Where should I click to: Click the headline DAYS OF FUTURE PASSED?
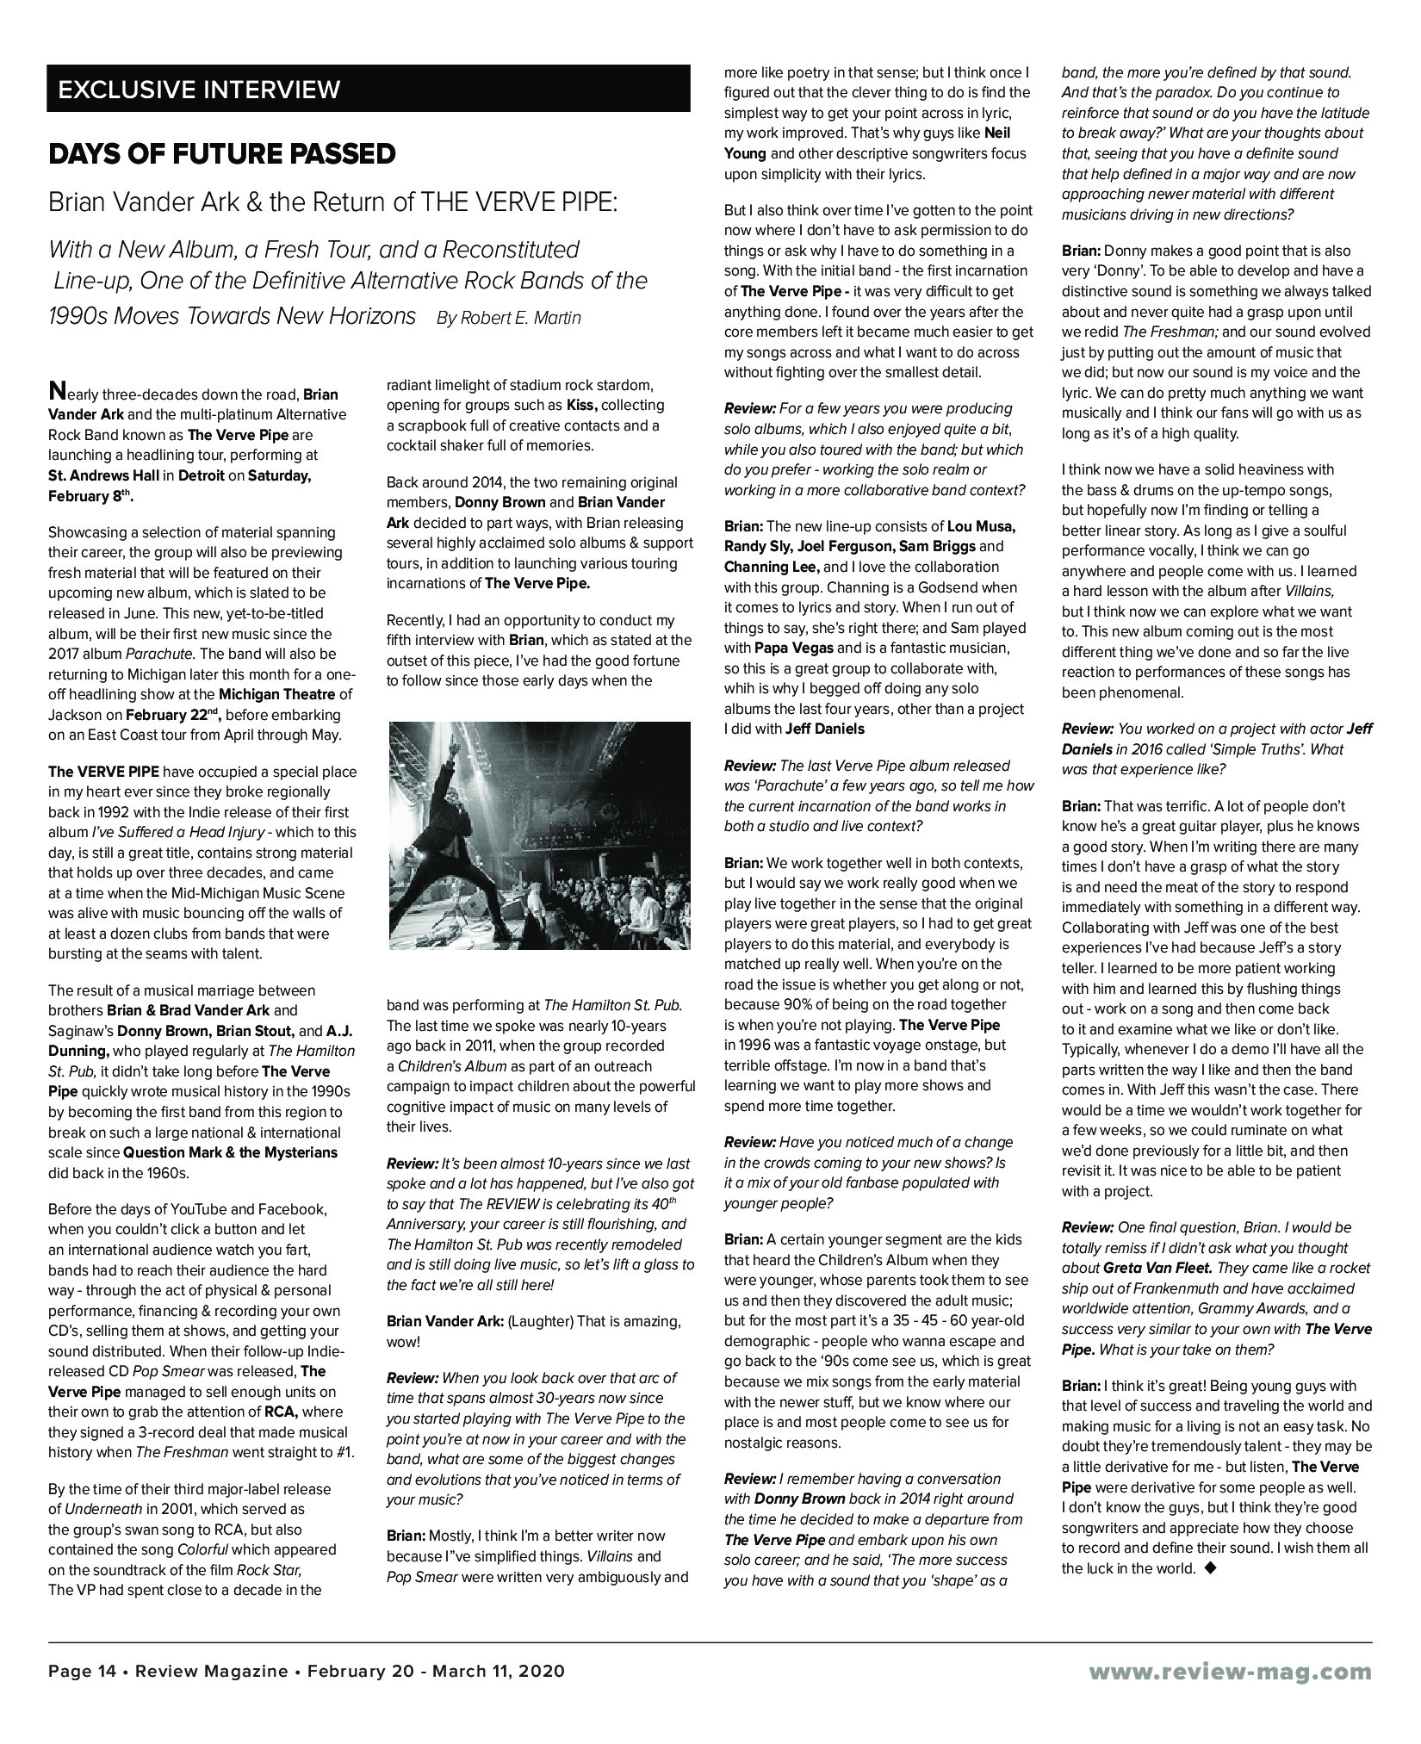(x=222, y=154)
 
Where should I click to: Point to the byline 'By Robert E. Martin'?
(x=509, y=318)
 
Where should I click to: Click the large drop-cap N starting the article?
(x=56, y=391)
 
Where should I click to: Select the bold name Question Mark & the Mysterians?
(x=231, y=1152)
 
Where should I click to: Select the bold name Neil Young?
(x=746, y=144)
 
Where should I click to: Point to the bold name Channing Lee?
(x=771, y=567)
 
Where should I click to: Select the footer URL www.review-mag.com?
(x=1230, y=1671)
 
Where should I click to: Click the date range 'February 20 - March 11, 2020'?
(x=436, y=1671)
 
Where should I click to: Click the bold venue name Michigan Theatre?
(x=280, y=694)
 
